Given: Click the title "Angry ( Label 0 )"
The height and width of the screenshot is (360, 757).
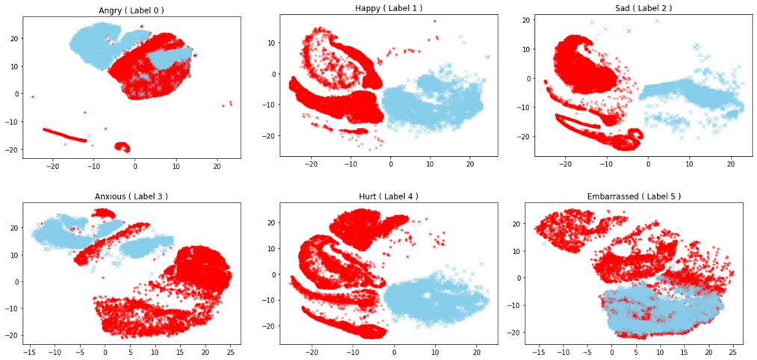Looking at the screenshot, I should click(132, 10).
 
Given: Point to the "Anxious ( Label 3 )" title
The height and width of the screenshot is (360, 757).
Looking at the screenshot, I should click(132, 196).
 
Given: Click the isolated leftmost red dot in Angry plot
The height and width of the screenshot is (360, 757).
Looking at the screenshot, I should click(32, 96).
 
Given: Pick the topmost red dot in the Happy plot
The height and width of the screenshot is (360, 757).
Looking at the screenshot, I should click(434, 22).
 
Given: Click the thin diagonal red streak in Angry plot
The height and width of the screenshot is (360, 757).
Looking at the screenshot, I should click(64, 134).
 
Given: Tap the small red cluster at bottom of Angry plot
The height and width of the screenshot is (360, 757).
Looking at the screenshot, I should click(121, 146).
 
